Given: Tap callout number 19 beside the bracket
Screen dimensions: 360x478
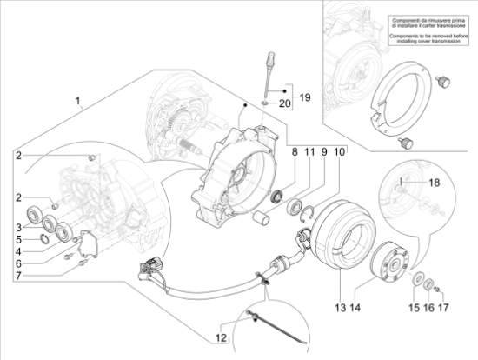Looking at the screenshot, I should click(305, 97).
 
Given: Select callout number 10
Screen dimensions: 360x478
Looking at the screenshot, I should click(339, 152).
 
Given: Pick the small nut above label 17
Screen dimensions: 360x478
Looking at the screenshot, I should click(438, 288).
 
